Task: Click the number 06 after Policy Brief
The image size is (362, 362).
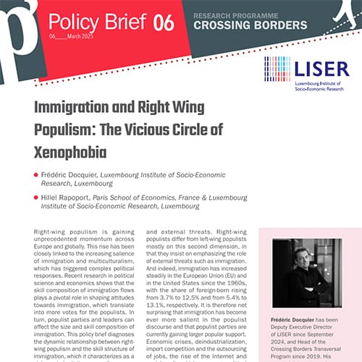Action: coord(164,22)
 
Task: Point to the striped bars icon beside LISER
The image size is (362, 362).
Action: coord(277,70)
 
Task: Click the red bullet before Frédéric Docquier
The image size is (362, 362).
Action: coord(35,174)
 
